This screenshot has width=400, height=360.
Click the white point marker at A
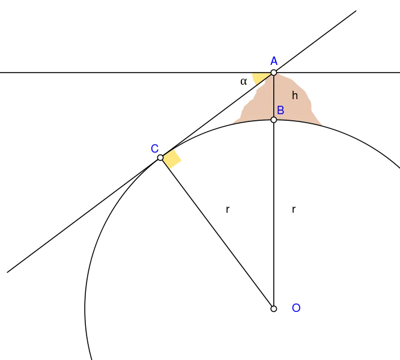click(x=274, y=73)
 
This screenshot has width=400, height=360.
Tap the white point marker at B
click(x=274, y=120)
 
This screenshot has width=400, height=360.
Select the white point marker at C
click(x=160, y=157)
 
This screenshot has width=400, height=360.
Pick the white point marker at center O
click(x=274, y=309)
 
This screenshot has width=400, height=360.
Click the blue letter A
click(x=274, y=61)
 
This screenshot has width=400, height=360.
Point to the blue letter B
click(x=280, y=111)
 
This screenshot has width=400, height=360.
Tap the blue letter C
click(x=154, y=148)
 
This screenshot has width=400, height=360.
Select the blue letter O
click(x=296, y=308)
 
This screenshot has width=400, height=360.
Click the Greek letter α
click(x=244, y=82)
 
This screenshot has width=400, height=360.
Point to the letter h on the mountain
click(x=295, y=96)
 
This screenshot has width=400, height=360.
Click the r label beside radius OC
click(x=228, y=209)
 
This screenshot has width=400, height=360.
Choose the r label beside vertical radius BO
click(x=294, y=209)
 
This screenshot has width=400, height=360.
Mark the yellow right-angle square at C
click(x=172, y=159)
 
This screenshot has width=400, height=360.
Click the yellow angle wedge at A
click(x=259, y=78)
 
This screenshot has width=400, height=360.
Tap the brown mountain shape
click(x=286, y=102)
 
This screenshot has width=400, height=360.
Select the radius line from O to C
click(x=217, y=233)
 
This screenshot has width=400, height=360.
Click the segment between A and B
click(x=274, y=96)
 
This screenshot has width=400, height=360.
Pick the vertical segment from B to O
click(x=274, y=214)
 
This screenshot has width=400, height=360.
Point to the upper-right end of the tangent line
click(x=356, y=11)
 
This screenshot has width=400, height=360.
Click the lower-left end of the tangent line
click(x=7, y=272)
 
